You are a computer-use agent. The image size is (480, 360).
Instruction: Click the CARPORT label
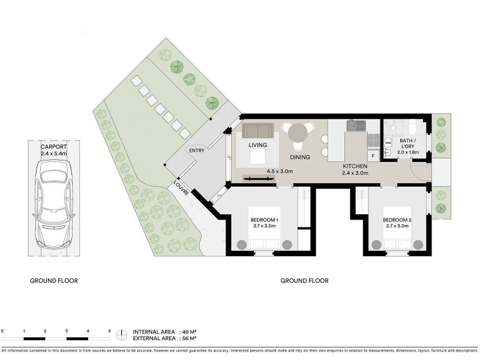pyautogui.click(x=53, y=146)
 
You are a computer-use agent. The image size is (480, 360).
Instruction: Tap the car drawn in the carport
pyautogui.click(x=54, y=204)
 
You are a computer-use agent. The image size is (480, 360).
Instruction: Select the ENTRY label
pyautogui.click(x=197, y=151)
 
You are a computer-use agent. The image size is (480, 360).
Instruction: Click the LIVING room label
pyautogui.click(x=257, y=145)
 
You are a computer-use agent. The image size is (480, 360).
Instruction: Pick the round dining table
pyautogui.click(x=298, y=132)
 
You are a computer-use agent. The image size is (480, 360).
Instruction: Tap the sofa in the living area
pyautogui.click(x=258, y=130)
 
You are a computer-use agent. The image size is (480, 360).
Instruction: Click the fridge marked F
pyautogui.click(x=373, y=156)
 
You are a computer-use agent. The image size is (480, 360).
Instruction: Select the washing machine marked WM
pyautogui.click(x=388, y=143)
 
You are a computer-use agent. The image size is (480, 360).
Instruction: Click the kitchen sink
pyautogui.click(x=356, y=125)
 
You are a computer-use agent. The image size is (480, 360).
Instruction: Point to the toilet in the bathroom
pyautogui.click(x=412, y=128)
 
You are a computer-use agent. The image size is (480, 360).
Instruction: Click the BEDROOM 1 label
pyautogui.click(x=264, y=220)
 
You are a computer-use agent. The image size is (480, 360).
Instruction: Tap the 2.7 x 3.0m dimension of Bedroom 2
pyautogui.click(x=397, y=226)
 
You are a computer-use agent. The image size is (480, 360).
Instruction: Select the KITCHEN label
pyautogui.click(x=355, y=166)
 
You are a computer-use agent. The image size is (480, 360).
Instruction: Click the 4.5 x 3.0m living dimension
pyautogui.click(x=280, y=172)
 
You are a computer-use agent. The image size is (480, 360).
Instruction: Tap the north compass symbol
pyautogui.click(x=122, y=335)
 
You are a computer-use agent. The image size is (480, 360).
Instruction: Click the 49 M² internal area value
pyautogui.click(x=189, y=332)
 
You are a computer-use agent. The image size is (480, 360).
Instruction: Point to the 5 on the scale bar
pyautogui.click(x=109, y=331)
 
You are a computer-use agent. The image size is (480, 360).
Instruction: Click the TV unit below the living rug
pyautogui.click(x=259, y=178)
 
